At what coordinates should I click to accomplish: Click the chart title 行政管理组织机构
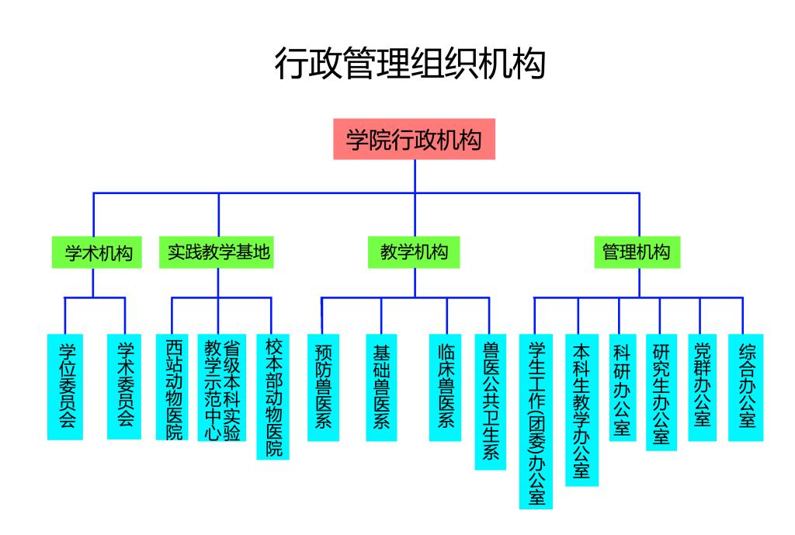pyautogui.click(x=410, y=64)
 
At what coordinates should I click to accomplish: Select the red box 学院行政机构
pyautogui.click(x=414, y=140)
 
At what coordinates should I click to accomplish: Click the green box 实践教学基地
pyautogui.click(x=219, y=252)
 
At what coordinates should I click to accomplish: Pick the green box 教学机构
pyautogui.click(x=414, y=252)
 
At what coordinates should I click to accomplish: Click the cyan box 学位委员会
pyautogui.click(x=65, y=386)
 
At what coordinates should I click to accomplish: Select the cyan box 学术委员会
pyautogui.click(x=124, y=386)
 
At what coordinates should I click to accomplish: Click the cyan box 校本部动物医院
pyautogui.click(x=273, y=396)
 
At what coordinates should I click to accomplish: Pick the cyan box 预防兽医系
pyautogui.click(x=323, y=387)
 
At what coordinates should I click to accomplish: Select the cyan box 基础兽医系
pyautogui.click(x=381, y=387)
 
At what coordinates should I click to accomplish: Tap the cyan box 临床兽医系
pyautogui.click(x=445, y=387)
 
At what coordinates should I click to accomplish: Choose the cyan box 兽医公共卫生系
pyautogui.click(x=491, y=401)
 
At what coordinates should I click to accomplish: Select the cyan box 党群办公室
pyautogui.click(x=702, y=387)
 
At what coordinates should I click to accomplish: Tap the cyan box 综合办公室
pyautogui.click(x=745, y=387)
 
